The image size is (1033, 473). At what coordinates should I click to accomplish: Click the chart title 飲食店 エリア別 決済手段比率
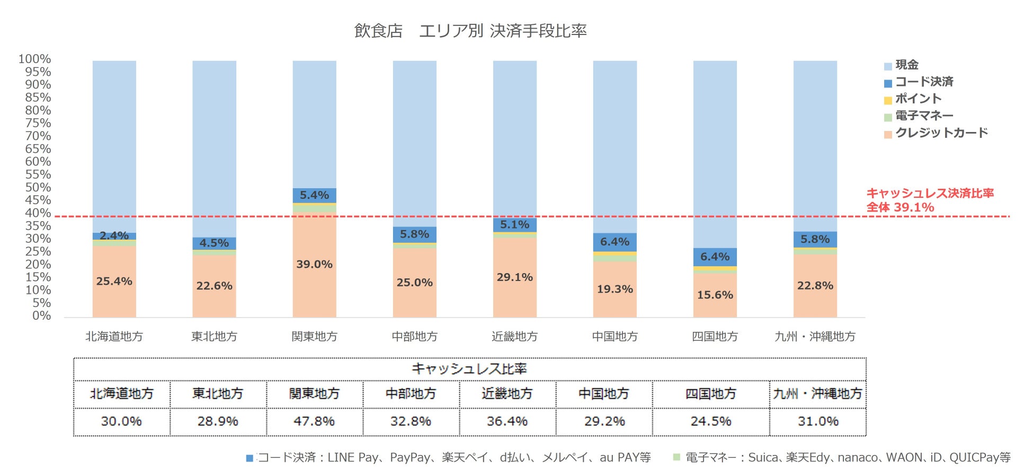(x=470, y=31)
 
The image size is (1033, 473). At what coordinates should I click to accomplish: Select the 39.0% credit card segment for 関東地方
(x=314, y=264)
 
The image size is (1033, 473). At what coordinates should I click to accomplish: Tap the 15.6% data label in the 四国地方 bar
(x=715, y=295)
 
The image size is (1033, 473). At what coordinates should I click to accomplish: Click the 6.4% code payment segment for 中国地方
(x=615, y=242)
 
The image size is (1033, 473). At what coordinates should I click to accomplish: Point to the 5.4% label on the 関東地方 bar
(x=314, y=195)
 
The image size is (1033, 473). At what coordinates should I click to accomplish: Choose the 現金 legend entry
(x=906, y=65)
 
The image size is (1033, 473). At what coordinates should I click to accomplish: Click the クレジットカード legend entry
(x=941, y=133)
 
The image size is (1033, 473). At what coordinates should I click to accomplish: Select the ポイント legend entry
(x=918, y=99)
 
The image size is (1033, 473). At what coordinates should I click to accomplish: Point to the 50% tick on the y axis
(x=38, y=187)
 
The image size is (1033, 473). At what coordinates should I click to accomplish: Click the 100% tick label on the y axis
(x=35, y=59)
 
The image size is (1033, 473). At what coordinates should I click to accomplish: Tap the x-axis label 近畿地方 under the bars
(x=514, y=336)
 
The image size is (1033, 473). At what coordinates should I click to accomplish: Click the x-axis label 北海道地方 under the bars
(x=114, y=336)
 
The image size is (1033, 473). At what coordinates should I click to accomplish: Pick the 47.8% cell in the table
(x=314, y=422)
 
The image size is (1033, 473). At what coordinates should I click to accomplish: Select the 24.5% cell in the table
(x=710, y=422)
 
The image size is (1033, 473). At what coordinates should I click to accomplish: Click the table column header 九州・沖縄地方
(x=817, y=394)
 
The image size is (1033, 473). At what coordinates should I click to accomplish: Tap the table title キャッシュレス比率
(x=469, y=369)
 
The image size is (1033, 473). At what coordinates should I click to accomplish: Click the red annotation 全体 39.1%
(x=900, y=207)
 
